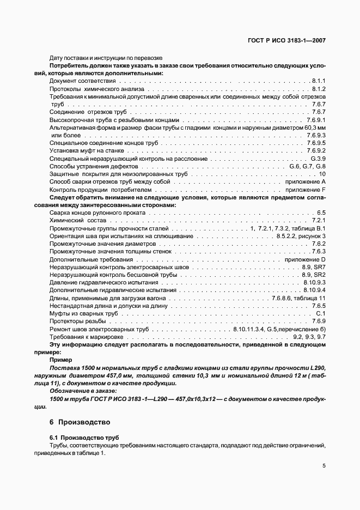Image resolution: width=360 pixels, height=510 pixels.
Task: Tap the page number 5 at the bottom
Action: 324,466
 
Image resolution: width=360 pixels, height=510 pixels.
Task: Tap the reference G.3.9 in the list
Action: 317,158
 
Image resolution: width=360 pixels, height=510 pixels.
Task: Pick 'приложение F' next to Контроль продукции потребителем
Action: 306,189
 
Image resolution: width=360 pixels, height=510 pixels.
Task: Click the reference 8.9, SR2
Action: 313,275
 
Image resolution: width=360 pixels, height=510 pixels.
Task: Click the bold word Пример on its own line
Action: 60,360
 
